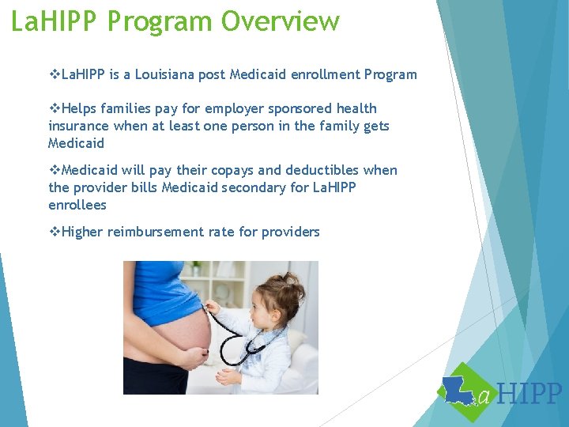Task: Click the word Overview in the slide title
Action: point(281,21)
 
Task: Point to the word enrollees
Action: point(77,205)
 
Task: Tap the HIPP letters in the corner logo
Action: point(532,393)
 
